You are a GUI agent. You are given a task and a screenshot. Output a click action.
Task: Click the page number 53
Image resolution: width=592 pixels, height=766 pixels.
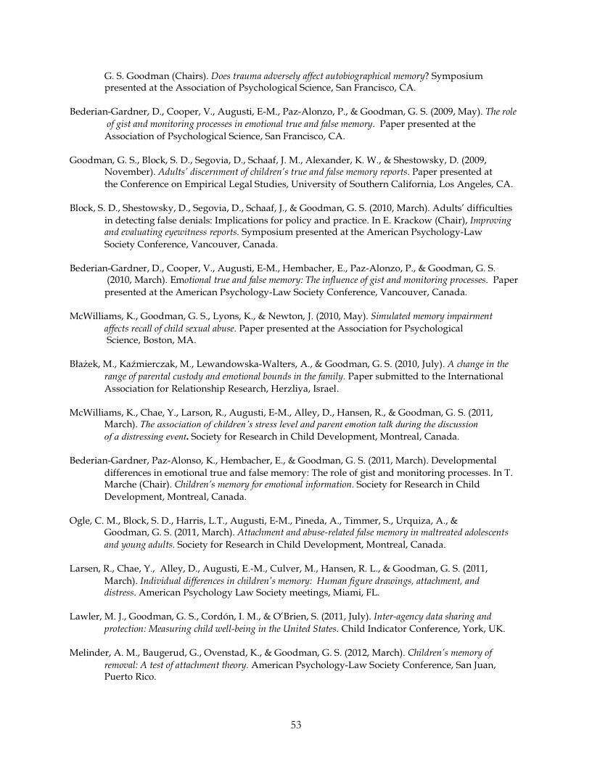click(296, 724)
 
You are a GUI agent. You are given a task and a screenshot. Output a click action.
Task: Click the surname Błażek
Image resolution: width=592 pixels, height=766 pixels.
click(83, 364)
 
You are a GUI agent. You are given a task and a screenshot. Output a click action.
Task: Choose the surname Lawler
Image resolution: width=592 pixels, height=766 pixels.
click(85, 616)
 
